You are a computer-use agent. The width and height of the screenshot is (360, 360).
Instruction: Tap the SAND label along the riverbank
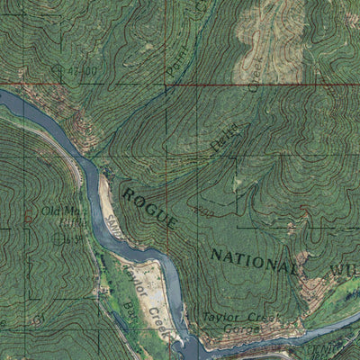(112, 224)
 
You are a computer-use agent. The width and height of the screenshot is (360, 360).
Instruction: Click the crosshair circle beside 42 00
(58, 69)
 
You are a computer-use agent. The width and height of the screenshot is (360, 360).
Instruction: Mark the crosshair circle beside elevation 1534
(59, 238)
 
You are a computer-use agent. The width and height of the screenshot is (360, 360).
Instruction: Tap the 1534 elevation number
(76, 238)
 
